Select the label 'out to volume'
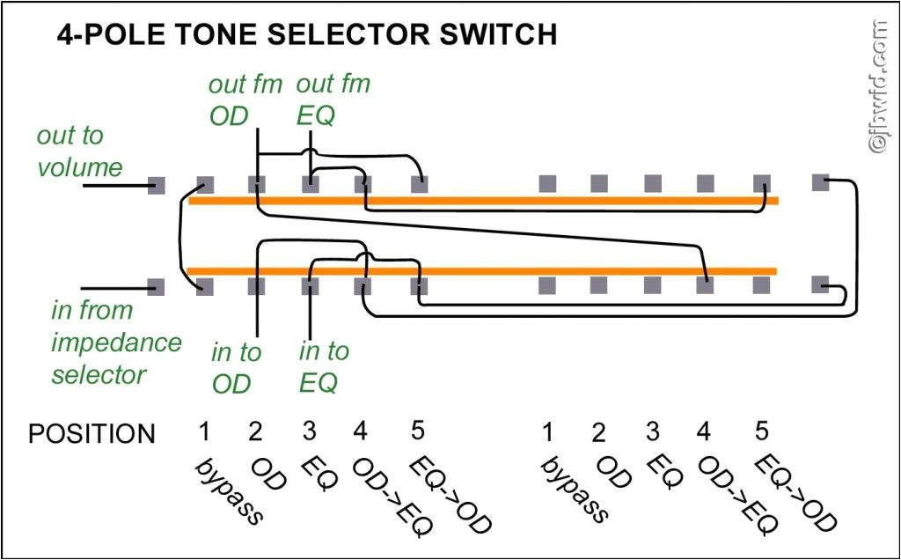pos(79,151)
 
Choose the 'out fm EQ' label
pos(333,100)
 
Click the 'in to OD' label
pos(236,367)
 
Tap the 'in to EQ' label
pos(324,367)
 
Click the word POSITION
pos(92,433)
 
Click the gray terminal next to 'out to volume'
pos(156,185)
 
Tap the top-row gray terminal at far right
pos(819,183)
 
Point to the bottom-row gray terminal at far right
pos(819,285)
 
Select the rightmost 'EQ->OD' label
pos(795,492)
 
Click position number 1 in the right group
pos(548,432)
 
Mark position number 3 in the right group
pos(652,432)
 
